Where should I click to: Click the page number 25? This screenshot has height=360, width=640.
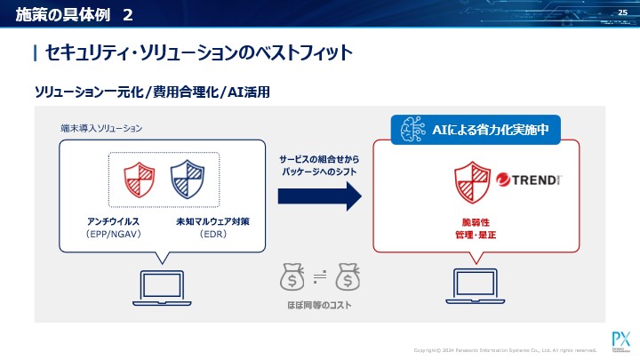pyautogui.click(x=622, y=12)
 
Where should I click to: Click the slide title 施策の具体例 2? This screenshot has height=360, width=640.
pyautogui.click(x=76, y=14)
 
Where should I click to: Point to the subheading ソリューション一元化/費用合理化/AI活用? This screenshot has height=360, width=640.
pyautogui.click(x=151, y=92)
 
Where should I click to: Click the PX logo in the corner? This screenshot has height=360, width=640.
pyautogui.click(x=620, y=340)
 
